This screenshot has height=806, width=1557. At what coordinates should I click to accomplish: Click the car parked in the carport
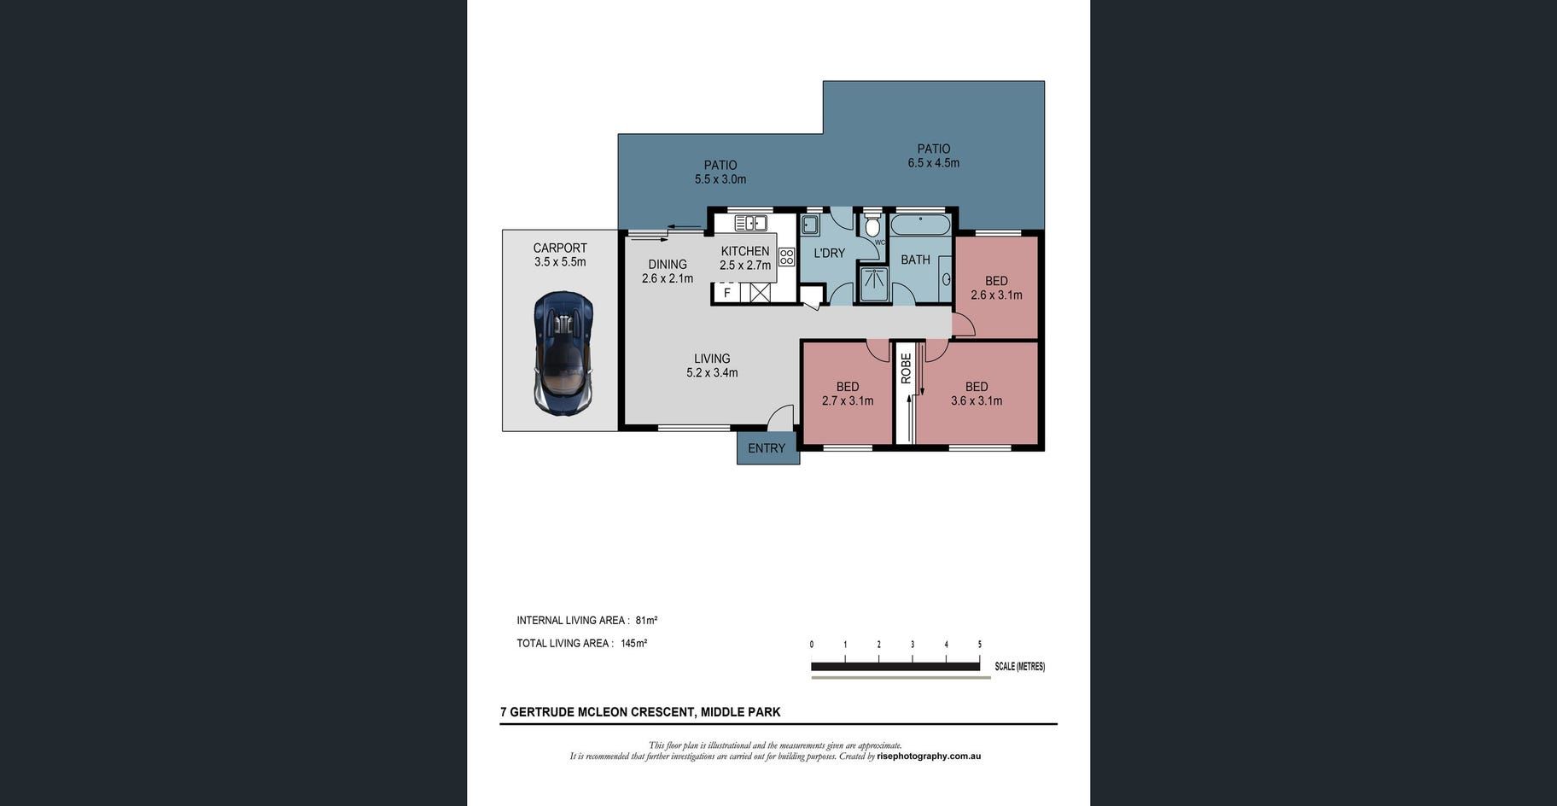point(563,353)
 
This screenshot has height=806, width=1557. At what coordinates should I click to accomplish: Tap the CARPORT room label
point(560,248)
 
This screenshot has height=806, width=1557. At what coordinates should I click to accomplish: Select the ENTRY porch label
point(767,448)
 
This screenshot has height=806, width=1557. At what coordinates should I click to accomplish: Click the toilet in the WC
point(872,226)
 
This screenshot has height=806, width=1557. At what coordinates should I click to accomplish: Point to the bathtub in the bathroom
point(920,225)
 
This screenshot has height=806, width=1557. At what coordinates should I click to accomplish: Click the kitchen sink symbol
point(750,223)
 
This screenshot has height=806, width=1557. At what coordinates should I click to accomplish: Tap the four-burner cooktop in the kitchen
point(786,257)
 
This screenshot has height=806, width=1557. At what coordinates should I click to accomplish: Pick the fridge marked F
point(726,293)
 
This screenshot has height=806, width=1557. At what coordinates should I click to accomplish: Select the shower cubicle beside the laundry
point(874,284)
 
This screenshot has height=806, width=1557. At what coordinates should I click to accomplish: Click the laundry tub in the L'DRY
point(810,225)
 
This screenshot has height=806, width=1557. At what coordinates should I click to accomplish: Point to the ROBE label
point(906,368)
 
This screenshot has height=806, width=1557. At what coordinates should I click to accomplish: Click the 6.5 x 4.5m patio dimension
point(933,163)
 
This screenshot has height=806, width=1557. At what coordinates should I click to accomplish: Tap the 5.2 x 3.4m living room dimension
point(712,373)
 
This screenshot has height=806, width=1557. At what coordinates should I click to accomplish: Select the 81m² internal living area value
point(646,621)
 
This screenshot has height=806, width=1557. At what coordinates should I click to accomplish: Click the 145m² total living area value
point(633,644)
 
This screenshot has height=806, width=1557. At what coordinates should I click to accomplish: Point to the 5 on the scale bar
point(979,645)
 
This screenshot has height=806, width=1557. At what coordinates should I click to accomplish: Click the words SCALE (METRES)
point(1019,667)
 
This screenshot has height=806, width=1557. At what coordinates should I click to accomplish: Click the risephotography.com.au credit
point(929,756)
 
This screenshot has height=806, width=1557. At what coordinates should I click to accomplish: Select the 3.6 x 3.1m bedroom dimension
point(977,401)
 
